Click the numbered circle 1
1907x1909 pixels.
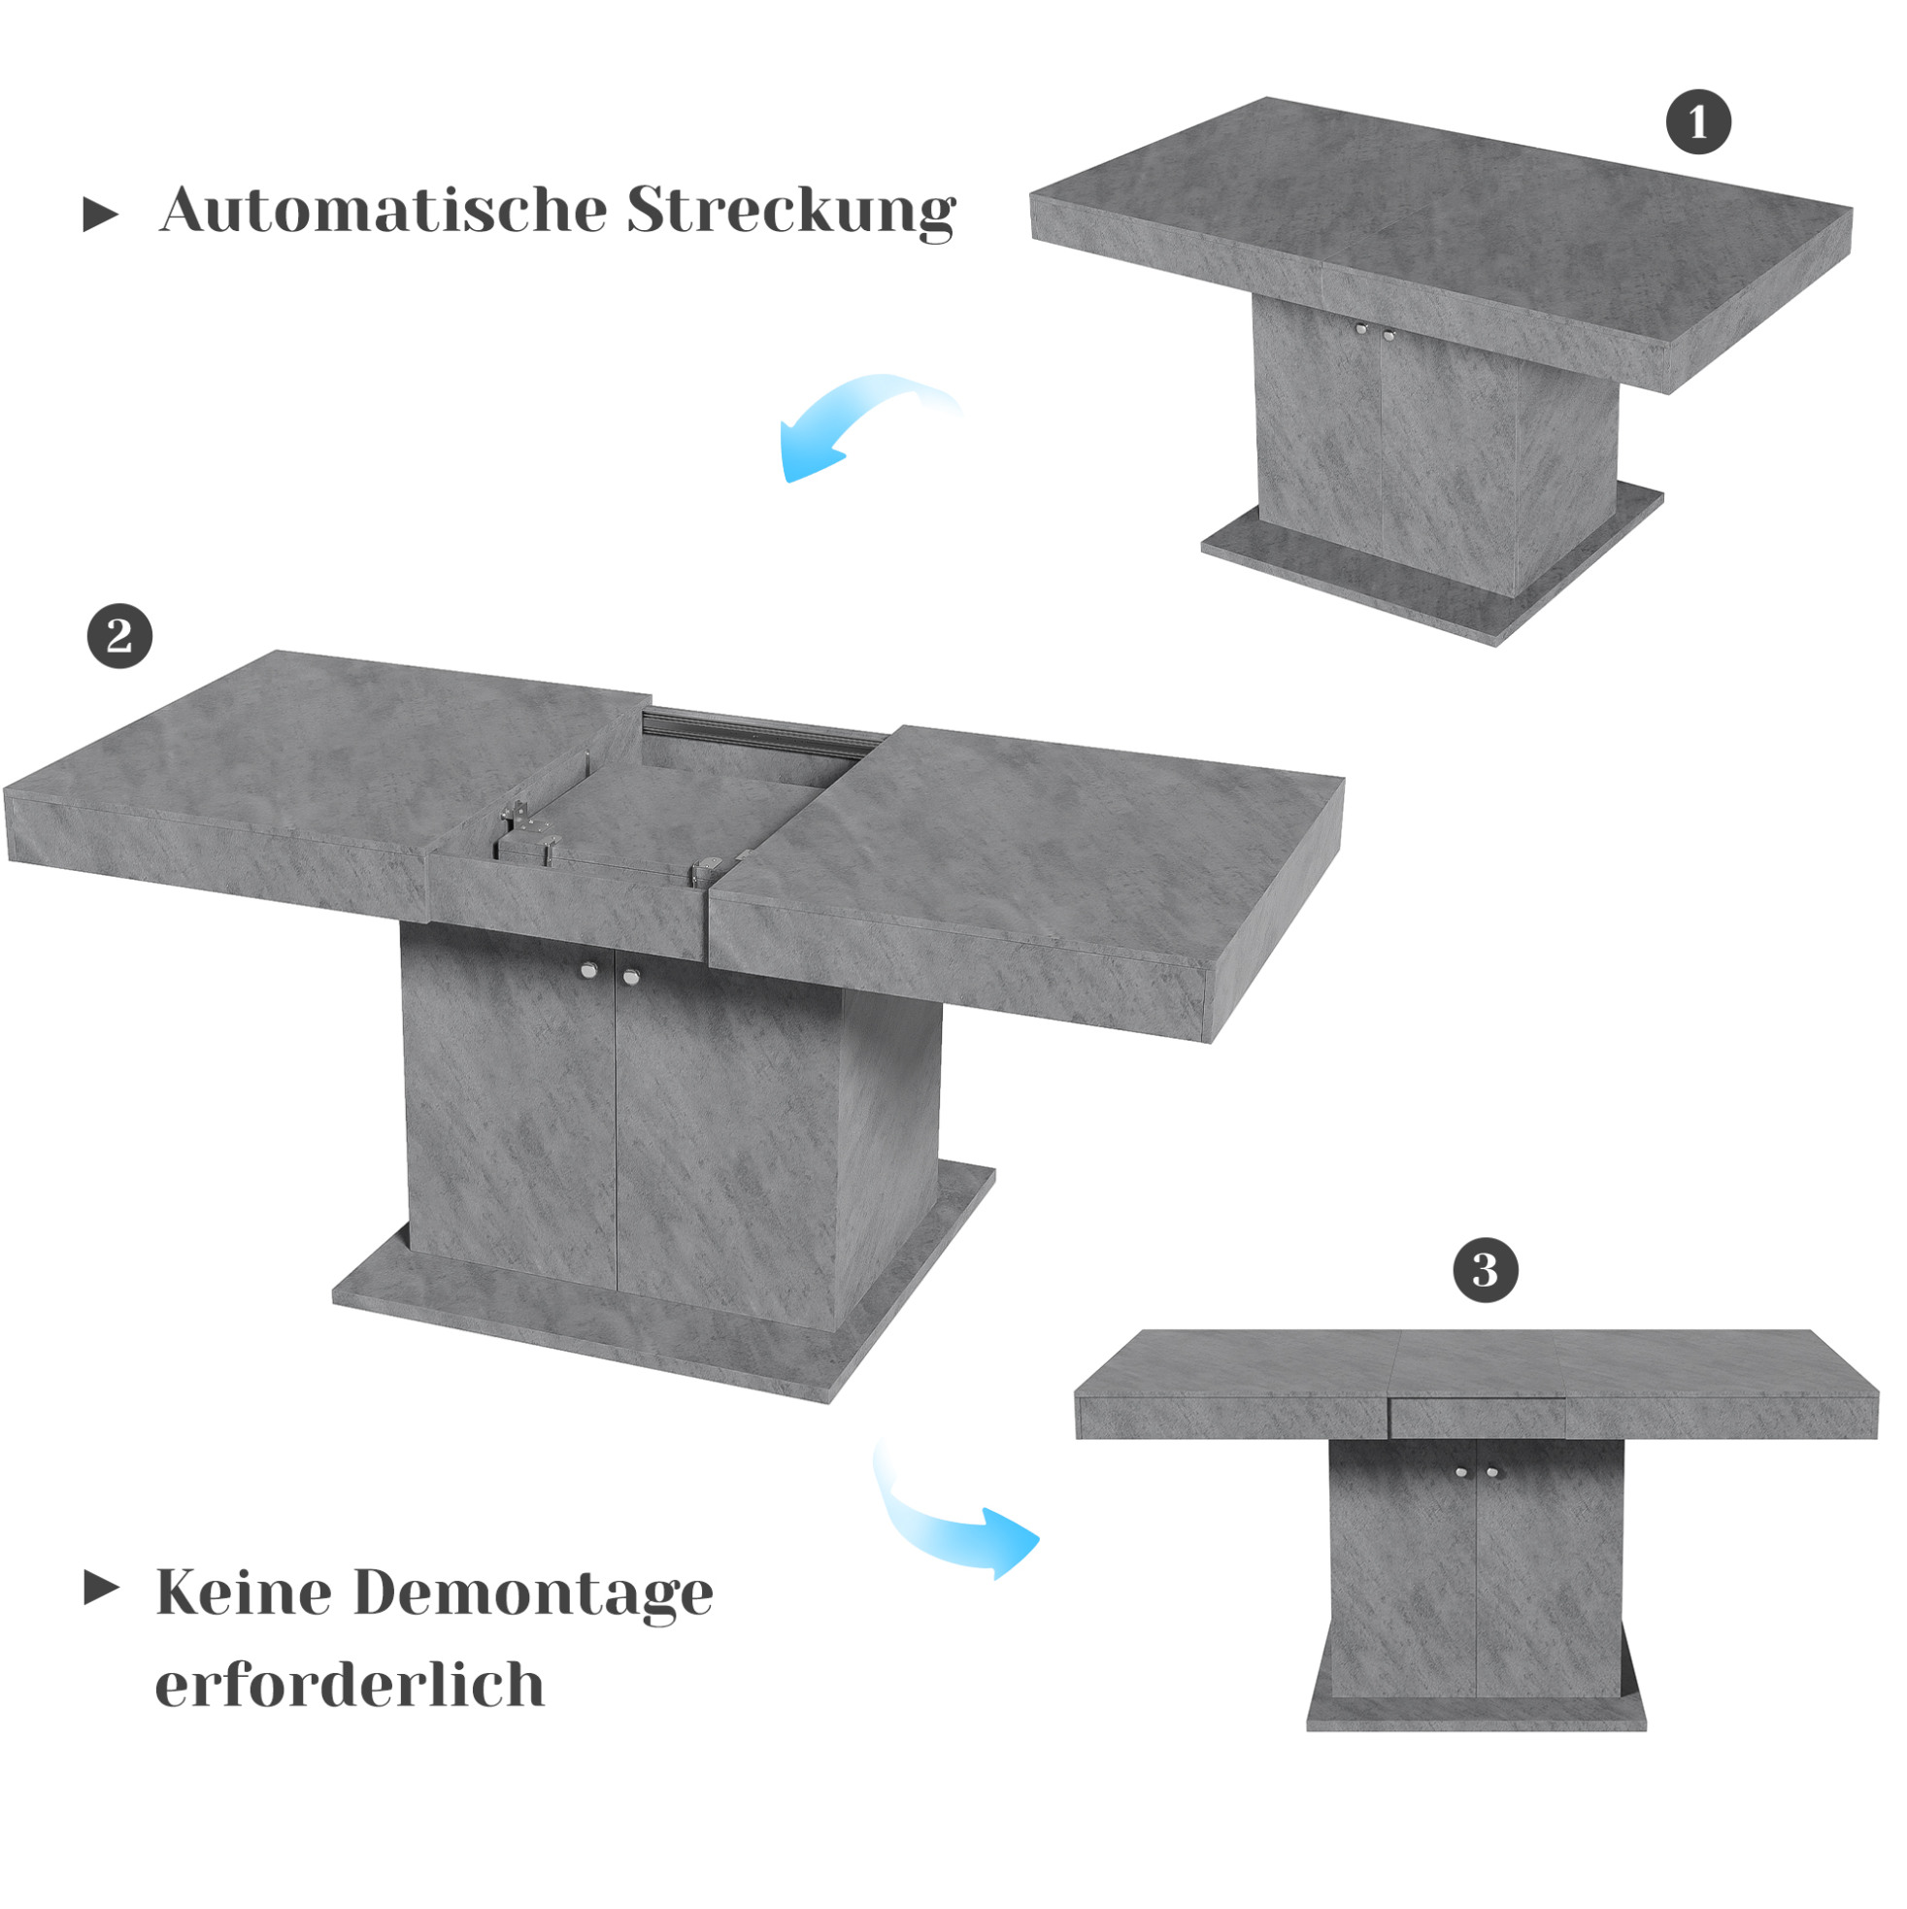click(1697, 122)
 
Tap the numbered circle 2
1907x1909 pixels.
click(119, 636)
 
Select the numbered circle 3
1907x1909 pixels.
click(1485, 1271)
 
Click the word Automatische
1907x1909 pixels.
click(384, 210)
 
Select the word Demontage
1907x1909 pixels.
click(534, 1594)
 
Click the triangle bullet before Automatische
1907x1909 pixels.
click(100, 215)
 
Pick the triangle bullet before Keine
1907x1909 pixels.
click(102, 1588)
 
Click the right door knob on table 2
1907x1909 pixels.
click(630, 976)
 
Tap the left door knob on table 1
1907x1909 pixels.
click(1361, 329)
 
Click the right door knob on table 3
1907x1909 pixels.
click(1492, 1473)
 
